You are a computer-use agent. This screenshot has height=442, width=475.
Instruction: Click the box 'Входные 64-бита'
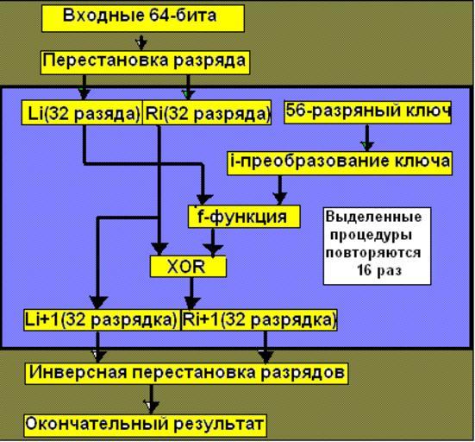pos(143,18)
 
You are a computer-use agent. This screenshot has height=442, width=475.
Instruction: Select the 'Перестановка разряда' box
pos(145,62)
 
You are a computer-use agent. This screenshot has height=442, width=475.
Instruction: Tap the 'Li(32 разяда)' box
pos(82,112)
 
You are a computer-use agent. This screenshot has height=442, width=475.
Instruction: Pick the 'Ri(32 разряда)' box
pos(207,112)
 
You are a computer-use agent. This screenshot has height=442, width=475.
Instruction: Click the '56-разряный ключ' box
pos(367,112)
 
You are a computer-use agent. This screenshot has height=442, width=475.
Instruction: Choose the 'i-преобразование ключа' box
pos(340,163)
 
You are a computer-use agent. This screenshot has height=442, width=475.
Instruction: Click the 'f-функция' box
pos(244,217)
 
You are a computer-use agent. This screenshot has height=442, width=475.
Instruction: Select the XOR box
pos(188,267)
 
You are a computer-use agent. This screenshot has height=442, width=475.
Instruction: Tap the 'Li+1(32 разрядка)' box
pos(102,319)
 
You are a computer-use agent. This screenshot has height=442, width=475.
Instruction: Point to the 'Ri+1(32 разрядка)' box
pos(259,319)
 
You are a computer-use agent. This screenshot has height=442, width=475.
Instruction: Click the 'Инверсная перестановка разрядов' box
pos(186,373)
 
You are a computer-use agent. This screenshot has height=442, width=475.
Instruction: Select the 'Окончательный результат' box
pos(145,426)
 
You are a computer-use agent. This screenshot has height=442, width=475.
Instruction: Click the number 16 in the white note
pos(364,270)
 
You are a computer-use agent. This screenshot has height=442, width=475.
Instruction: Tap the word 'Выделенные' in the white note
pos(374,217)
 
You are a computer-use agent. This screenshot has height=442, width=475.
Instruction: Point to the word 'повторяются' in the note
pos(373,253)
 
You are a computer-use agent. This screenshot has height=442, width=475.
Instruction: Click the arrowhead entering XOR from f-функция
pos(213,250)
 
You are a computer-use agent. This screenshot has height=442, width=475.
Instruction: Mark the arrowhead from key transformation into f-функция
pos(280,199)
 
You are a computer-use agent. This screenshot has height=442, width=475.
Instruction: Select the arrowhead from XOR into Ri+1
pos(191,303)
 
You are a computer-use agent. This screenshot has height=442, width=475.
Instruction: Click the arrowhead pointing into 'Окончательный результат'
pos(151,407)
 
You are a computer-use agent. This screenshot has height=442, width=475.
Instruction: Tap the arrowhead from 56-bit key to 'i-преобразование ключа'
pos(367,146)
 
